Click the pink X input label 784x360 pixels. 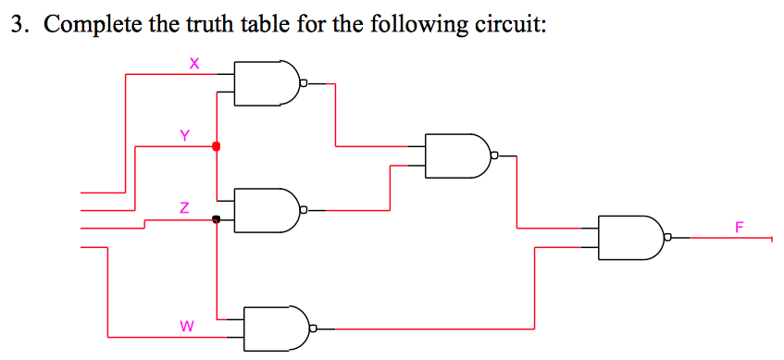(x=193, y=64)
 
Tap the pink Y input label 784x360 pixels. (x=184, y=135)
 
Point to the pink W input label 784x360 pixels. (x=187, y=326)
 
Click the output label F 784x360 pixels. (x=739, y=227)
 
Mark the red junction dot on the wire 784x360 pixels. (x=217, y=146)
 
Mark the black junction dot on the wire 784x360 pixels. (x=217, y=219)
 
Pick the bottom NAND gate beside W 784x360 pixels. (x=274, y=328)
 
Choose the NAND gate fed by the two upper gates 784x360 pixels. (x=455, y=155)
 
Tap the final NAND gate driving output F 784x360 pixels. (x=629, y=238)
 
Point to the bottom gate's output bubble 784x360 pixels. (x=314, y=328)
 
